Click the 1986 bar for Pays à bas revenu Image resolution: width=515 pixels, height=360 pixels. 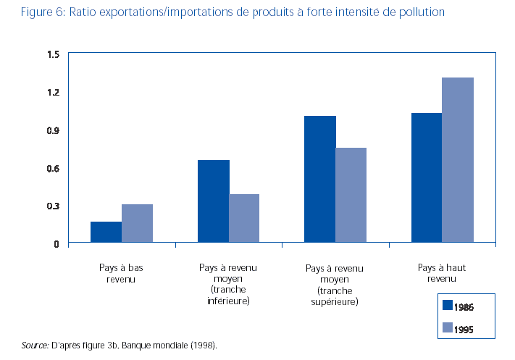tap(106, 232)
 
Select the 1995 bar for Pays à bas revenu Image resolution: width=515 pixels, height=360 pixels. tap(137, 224)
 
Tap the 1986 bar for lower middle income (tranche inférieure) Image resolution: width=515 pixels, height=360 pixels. tap(213, 201)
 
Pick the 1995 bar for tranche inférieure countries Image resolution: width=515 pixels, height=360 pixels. tap(244, 218)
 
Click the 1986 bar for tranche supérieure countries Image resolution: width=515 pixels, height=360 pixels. tap(320, 179)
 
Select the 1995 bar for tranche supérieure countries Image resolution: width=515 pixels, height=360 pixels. tap(351, 195)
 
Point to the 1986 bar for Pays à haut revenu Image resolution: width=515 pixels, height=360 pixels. tap(427, 177)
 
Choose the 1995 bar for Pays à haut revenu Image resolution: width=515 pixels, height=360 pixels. tap(458, 160)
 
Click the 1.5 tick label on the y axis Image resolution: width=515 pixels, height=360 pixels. tap(53, 54)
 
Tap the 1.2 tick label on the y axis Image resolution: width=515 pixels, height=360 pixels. tap(53, 92)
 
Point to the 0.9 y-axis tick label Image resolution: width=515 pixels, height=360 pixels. tap(53, 130)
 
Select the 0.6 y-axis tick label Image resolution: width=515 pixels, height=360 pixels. tap(53, 168)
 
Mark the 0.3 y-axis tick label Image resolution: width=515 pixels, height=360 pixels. tap(53, 206)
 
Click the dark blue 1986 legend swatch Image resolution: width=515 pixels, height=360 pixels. tap(447, 306)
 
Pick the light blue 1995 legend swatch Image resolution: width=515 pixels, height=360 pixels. tap(447, 327)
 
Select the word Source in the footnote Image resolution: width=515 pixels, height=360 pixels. tap(34, 346)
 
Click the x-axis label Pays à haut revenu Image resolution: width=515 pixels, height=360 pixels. tap(442, 272)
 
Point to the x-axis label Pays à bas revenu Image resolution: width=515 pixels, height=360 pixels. tap(122, 272)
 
